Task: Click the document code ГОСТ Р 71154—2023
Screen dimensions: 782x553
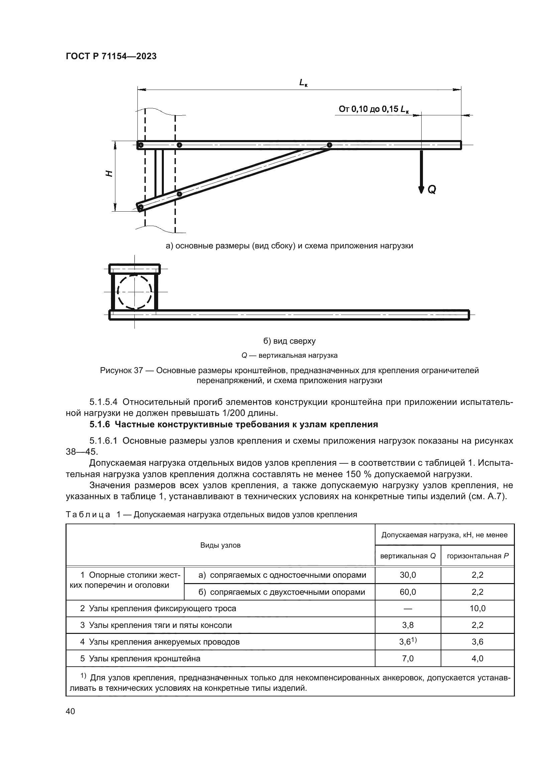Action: click(x=111, y=57)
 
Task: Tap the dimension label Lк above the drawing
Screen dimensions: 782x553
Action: click(x=303, y=83)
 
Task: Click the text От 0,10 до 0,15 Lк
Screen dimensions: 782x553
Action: click(x=373, y=109)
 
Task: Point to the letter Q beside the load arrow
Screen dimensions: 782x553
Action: click(x=431, y=189)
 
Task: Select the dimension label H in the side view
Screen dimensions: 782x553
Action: click(x=109, y=174)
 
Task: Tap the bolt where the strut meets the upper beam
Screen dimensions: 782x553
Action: click(x=329, y=145)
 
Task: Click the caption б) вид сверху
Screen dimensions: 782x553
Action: click(x=290, y=341)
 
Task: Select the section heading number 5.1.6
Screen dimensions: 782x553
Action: click(x=100, y=424)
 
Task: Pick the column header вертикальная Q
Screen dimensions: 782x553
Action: click(x=408, y=556)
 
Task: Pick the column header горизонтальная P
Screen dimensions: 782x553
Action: click(x=477, y=556)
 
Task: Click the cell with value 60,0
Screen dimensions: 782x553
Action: click(x=408, y=592)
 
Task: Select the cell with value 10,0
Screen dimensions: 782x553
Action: click(x=477, y=608)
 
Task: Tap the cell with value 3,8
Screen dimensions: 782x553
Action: click(x=408, y=625)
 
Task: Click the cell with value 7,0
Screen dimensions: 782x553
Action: click(x=408, y=658)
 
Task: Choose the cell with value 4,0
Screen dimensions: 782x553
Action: click(x=477, y=658)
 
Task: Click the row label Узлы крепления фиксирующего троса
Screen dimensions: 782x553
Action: click(x=162, y=608)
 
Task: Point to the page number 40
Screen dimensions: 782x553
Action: click(x=71, y=711)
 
